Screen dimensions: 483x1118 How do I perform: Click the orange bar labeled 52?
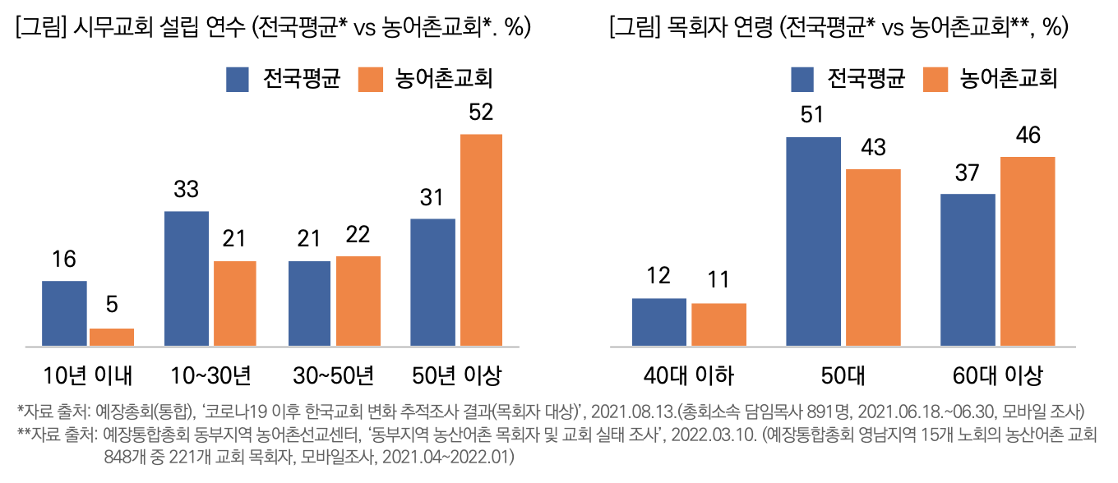(x=481, y=239)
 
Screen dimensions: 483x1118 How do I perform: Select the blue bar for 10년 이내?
(x=64, y=313)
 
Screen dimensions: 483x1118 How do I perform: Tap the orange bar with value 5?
(x=112, y=337)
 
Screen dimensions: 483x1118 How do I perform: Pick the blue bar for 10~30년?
(x=187, y=278)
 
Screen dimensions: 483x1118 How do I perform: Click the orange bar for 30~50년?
(x=358, y=301)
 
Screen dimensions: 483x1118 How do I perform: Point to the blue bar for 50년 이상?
(x=432, y=282)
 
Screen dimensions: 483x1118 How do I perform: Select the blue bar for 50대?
(x=813, y=241)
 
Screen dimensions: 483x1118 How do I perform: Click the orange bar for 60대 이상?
(x=1027, y=251)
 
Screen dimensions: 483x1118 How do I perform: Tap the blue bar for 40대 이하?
(x=658, y=322)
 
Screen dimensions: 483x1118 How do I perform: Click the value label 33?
(x=187, y=190)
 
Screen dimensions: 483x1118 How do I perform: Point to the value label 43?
(x=873, y=148)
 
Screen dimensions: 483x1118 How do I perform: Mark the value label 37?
(x=968, y=173)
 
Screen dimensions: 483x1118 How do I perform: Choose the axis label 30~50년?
(x=334, y=376)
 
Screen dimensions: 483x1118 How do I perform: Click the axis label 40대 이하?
(x=689, y=376)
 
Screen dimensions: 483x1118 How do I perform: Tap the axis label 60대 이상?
(x=997, y=376)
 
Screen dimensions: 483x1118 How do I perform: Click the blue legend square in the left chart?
(x=238, y=80)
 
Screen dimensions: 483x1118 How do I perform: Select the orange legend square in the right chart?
(x=935, y=80)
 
